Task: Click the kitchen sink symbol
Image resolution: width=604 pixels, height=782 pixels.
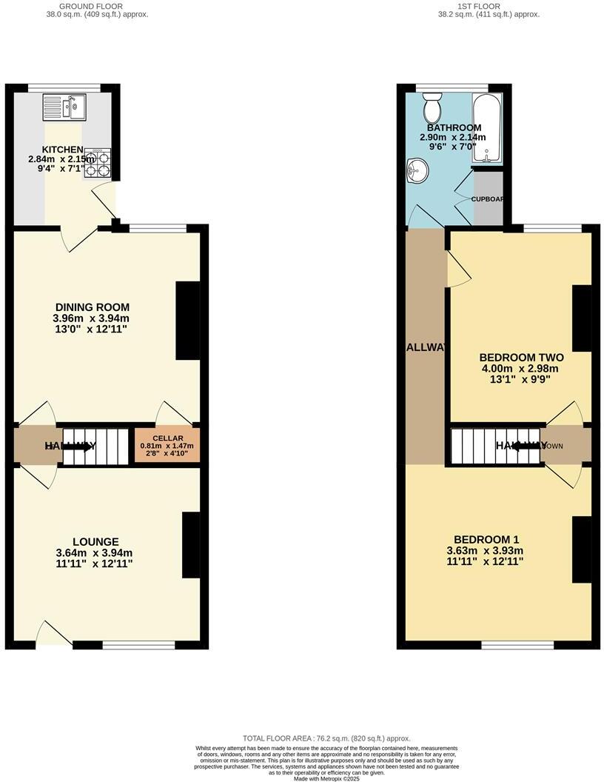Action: [64, 107]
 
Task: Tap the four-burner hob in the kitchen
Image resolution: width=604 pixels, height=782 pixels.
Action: [97, 163]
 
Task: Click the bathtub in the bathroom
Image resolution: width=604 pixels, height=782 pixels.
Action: [487, 127]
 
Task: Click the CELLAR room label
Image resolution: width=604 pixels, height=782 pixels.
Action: [167, 438]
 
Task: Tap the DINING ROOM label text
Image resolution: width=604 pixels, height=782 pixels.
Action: [93, 307]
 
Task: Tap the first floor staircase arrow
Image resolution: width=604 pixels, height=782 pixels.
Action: [526, 446]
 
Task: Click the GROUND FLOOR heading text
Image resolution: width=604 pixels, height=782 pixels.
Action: [92, 6]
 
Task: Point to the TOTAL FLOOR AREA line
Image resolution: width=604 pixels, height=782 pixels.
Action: [326, 738]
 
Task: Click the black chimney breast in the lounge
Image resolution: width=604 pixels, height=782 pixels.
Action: [190, 545]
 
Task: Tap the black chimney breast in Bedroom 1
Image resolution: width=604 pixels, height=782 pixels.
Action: [582, 550]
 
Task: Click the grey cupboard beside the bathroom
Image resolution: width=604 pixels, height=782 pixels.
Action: [487, 198]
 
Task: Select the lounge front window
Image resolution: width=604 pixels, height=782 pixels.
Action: [138, 645]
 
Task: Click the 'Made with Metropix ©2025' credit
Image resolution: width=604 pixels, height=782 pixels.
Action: [326, 778]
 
